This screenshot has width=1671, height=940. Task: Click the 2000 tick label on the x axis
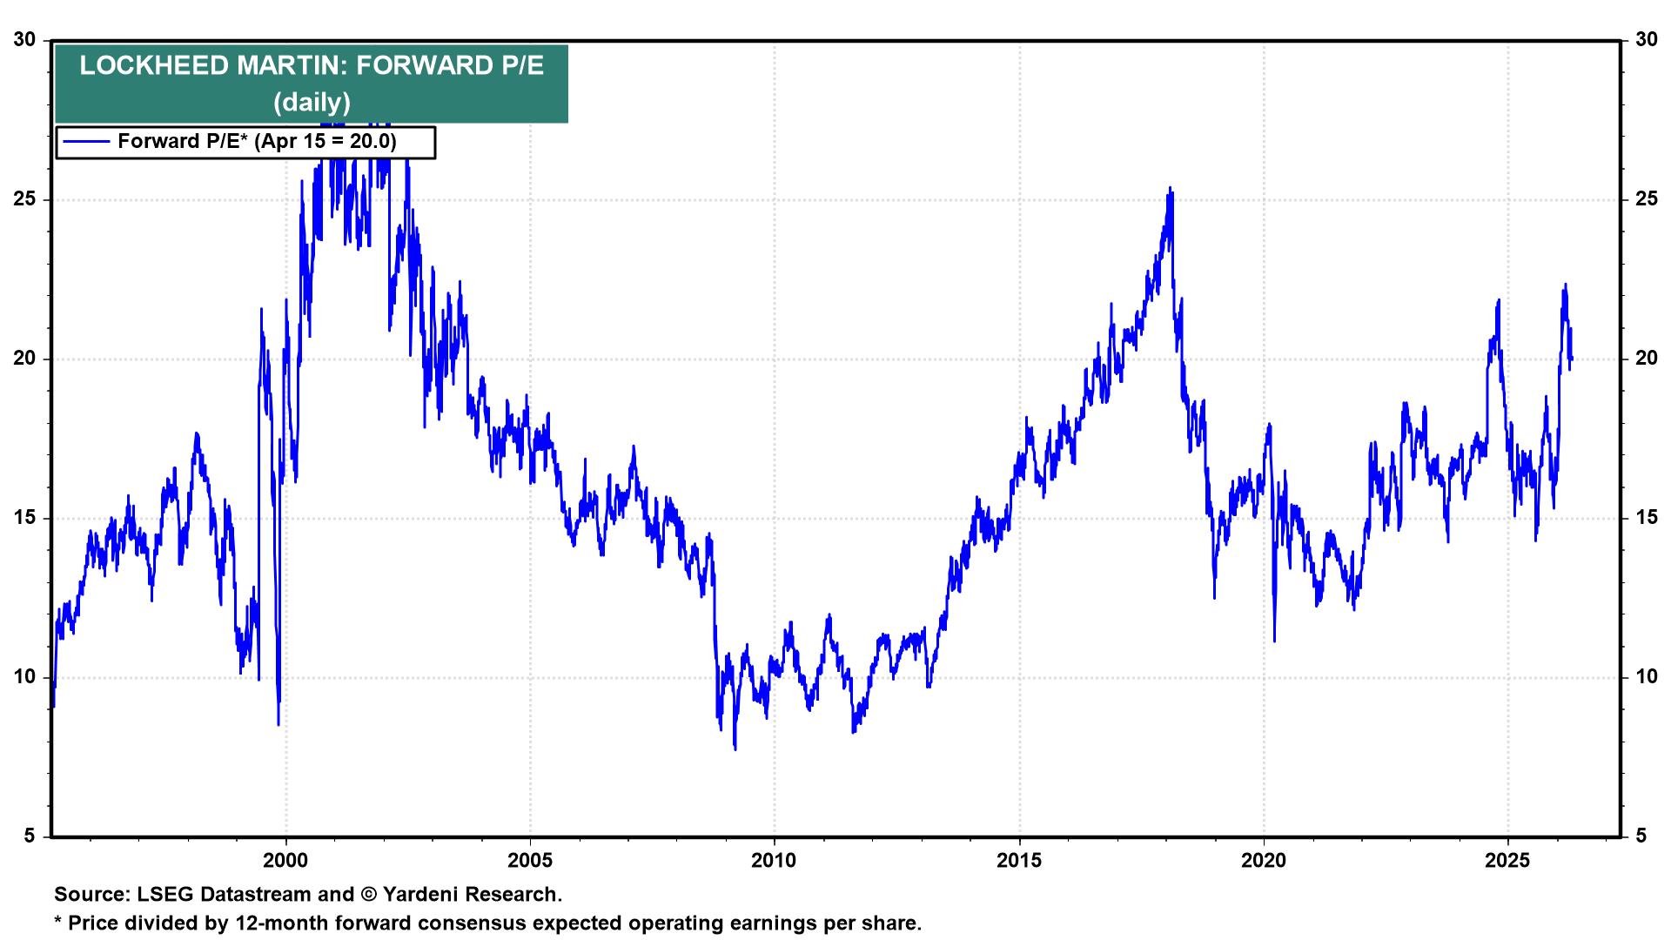[285, 861]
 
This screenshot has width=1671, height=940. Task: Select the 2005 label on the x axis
[529, 861]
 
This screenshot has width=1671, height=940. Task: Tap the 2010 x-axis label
[774, 861]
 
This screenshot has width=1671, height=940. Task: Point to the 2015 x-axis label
[1018, 861]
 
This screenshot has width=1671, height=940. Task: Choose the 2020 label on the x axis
[1263, 861]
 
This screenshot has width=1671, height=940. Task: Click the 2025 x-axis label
[1507, 861]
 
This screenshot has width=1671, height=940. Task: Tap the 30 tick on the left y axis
[25, 40]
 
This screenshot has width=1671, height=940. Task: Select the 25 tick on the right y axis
[1646, 199]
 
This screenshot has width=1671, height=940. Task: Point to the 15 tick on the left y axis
[25, 518]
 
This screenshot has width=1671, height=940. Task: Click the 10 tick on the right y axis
[1646, 677]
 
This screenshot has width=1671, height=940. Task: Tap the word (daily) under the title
[312, 103]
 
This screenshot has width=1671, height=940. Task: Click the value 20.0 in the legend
[372, 142]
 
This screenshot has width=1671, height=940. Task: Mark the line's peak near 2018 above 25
[1171, 188]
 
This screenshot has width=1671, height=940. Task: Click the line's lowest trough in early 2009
[735, 748]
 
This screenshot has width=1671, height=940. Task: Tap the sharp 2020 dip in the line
[1274, 641]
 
